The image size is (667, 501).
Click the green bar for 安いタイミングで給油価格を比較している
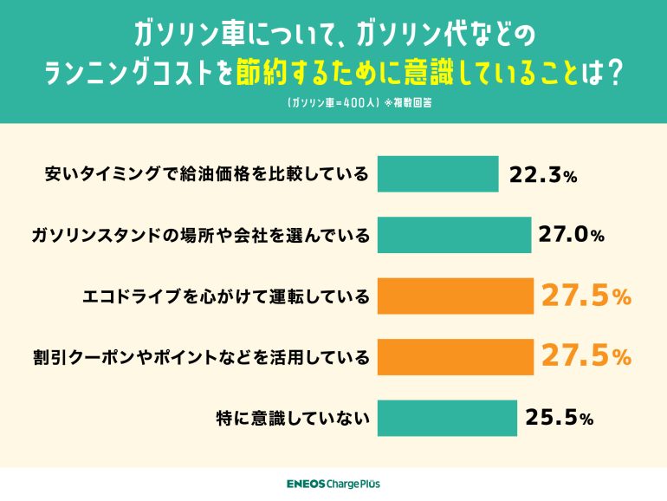(438, 174)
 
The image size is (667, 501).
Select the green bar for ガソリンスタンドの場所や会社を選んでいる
(454, 235)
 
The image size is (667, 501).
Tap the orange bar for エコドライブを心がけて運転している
(456, 296)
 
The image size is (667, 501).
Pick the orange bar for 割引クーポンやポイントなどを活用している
(456, 356)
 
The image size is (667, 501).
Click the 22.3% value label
(543, 176)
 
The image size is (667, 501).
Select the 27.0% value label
(572, 236)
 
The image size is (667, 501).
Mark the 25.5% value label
(559, 418)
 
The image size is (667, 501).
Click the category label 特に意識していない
(293, 418)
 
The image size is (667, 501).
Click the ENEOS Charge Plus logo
(333, 484)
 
